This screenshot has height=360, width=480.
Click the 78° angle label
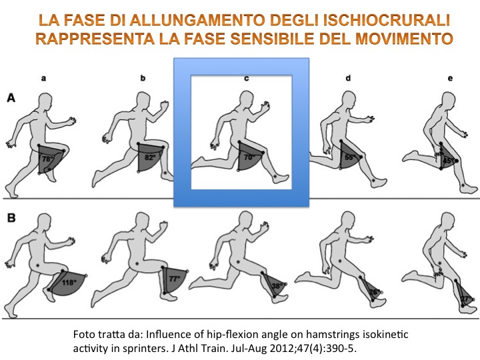pos(47,159)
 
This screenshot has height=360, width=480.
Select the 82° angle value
pos(150,157)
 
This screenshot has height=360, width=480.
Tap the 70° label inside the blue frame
pos(249,157)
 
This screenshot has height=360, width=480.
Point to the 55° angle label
pos(350,157)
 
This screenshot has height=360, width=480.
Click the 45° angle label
pos(449,161)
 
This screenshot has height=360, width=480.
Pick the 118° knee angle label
pos(69,282)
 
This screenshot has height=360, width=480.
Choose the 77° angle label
pos(175,279)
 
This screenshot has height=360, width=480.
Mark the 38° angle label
pos(277,286)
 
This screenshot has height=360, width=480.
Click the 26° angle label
pos(375,292)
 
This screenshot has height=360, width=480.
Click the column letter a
pos(44,79)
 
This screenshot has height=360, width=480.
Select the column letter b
pos(143,78)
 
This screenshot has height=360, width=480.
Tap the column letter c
pos(247,79)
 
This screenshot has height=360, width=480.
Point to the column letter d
pos(348,78)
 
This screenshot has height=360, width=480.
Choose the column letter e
pos(450,79)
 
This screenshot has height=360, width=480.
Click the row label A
pos(11,98)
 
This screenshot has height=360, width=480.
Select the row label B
pos(11,218)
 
